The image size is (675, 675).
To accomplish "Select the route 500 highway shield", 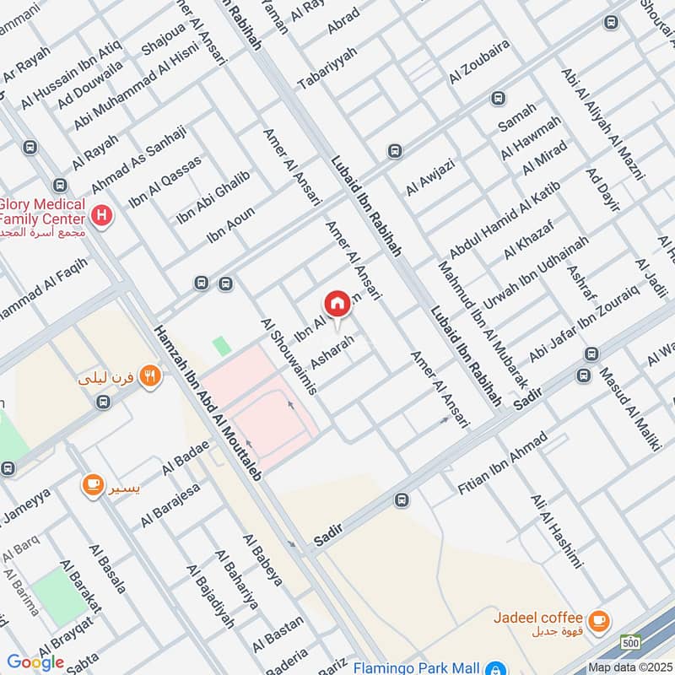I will (629, 644).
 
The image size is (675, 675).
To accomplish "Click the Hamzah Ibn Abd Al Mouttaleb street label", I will (207, 406).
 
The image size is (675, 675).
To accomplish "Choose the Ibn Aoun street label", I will (230, 225).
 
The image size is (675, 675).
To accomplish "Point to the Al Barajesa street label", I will (170, 505).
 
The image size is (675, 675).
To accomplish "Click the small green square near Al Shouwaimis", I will (221, 345).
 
